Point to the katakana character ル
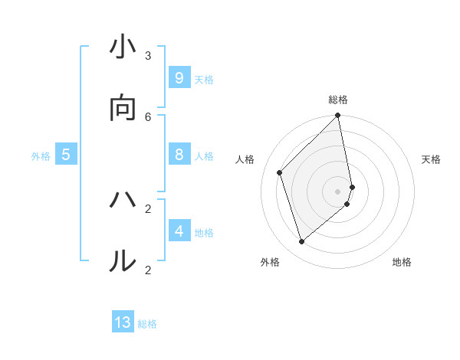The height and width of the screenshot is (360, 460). [x=123, y=261]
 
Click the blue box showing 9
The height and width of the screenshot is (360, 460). [x=179, y=78]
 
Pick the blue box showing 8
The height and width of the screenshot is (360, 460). [x=179, y=155]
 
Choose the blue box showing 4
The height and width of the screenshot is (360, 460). [x=179, y=231]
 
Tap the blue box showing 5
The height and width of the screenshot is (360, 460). [x=66, y=155]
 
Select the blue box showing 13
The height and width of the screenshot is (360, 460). [x=123, y=322]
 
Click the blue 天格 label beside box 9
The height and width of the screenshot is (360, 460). [x=204, y=80]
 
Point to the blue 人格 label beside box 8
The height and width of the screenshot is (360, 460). [x=204, y=156]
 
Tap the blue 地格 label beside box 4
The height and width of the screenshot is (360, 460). [x=204, y=233]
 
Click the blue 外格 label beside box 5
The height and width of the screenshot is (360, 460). [x=41, y=156]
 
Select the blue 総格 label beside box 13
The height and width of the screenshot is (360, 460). [x=147, y=324]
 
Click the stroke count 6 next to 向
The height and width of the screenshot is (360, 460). [x=148, y=116]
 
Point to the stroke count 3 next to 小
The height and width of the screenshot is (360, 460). [x=148, y=55]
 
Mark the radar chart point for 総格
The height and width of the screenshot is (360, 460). [x=338, y=116]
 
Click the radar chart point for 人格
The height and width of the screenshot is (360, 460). [x=280, y=172]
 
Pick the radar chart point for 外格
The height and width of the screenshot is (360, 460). [x=301, y=242]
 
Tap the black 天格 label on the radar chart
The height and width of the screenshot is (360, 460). [x=431, y=159]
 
